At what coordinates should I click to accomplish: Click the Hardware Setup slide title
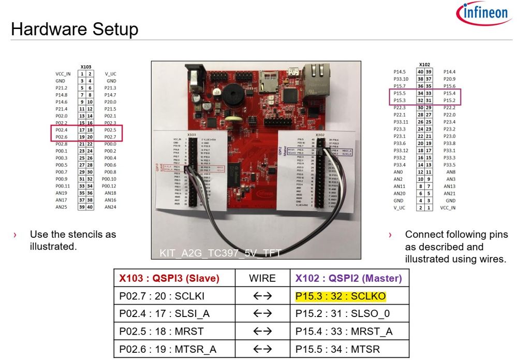(75, 29)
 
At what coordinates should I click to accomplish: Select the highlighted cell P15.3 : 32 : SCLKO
(341, 296)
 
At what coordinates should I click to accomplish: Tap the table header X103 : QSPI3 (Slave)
(169, 278)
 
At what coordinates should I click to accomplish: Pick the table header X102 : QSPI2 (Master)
(348, 278)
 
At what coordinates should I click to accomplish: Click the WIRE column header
(262, 278)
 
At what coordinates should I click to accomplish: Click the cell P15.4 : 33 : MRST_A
(344, 331)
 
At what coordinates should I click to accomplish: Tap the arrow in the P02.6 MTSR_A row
(262, 349)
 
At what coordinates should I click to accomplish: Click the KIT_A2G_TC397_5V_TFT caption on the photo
(217, 253)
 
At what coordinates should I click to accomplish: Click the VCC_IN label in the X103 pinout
(63, 74)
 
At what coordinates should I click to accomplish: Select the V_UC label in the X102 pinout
(398, 208)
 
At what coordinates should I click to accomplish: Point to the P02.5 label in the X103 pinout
(110, 130)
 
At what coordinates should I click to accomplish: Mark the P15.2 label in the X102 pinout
(449, 100)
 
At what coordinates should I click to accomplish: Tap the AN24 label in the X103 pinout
(110, 207)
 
